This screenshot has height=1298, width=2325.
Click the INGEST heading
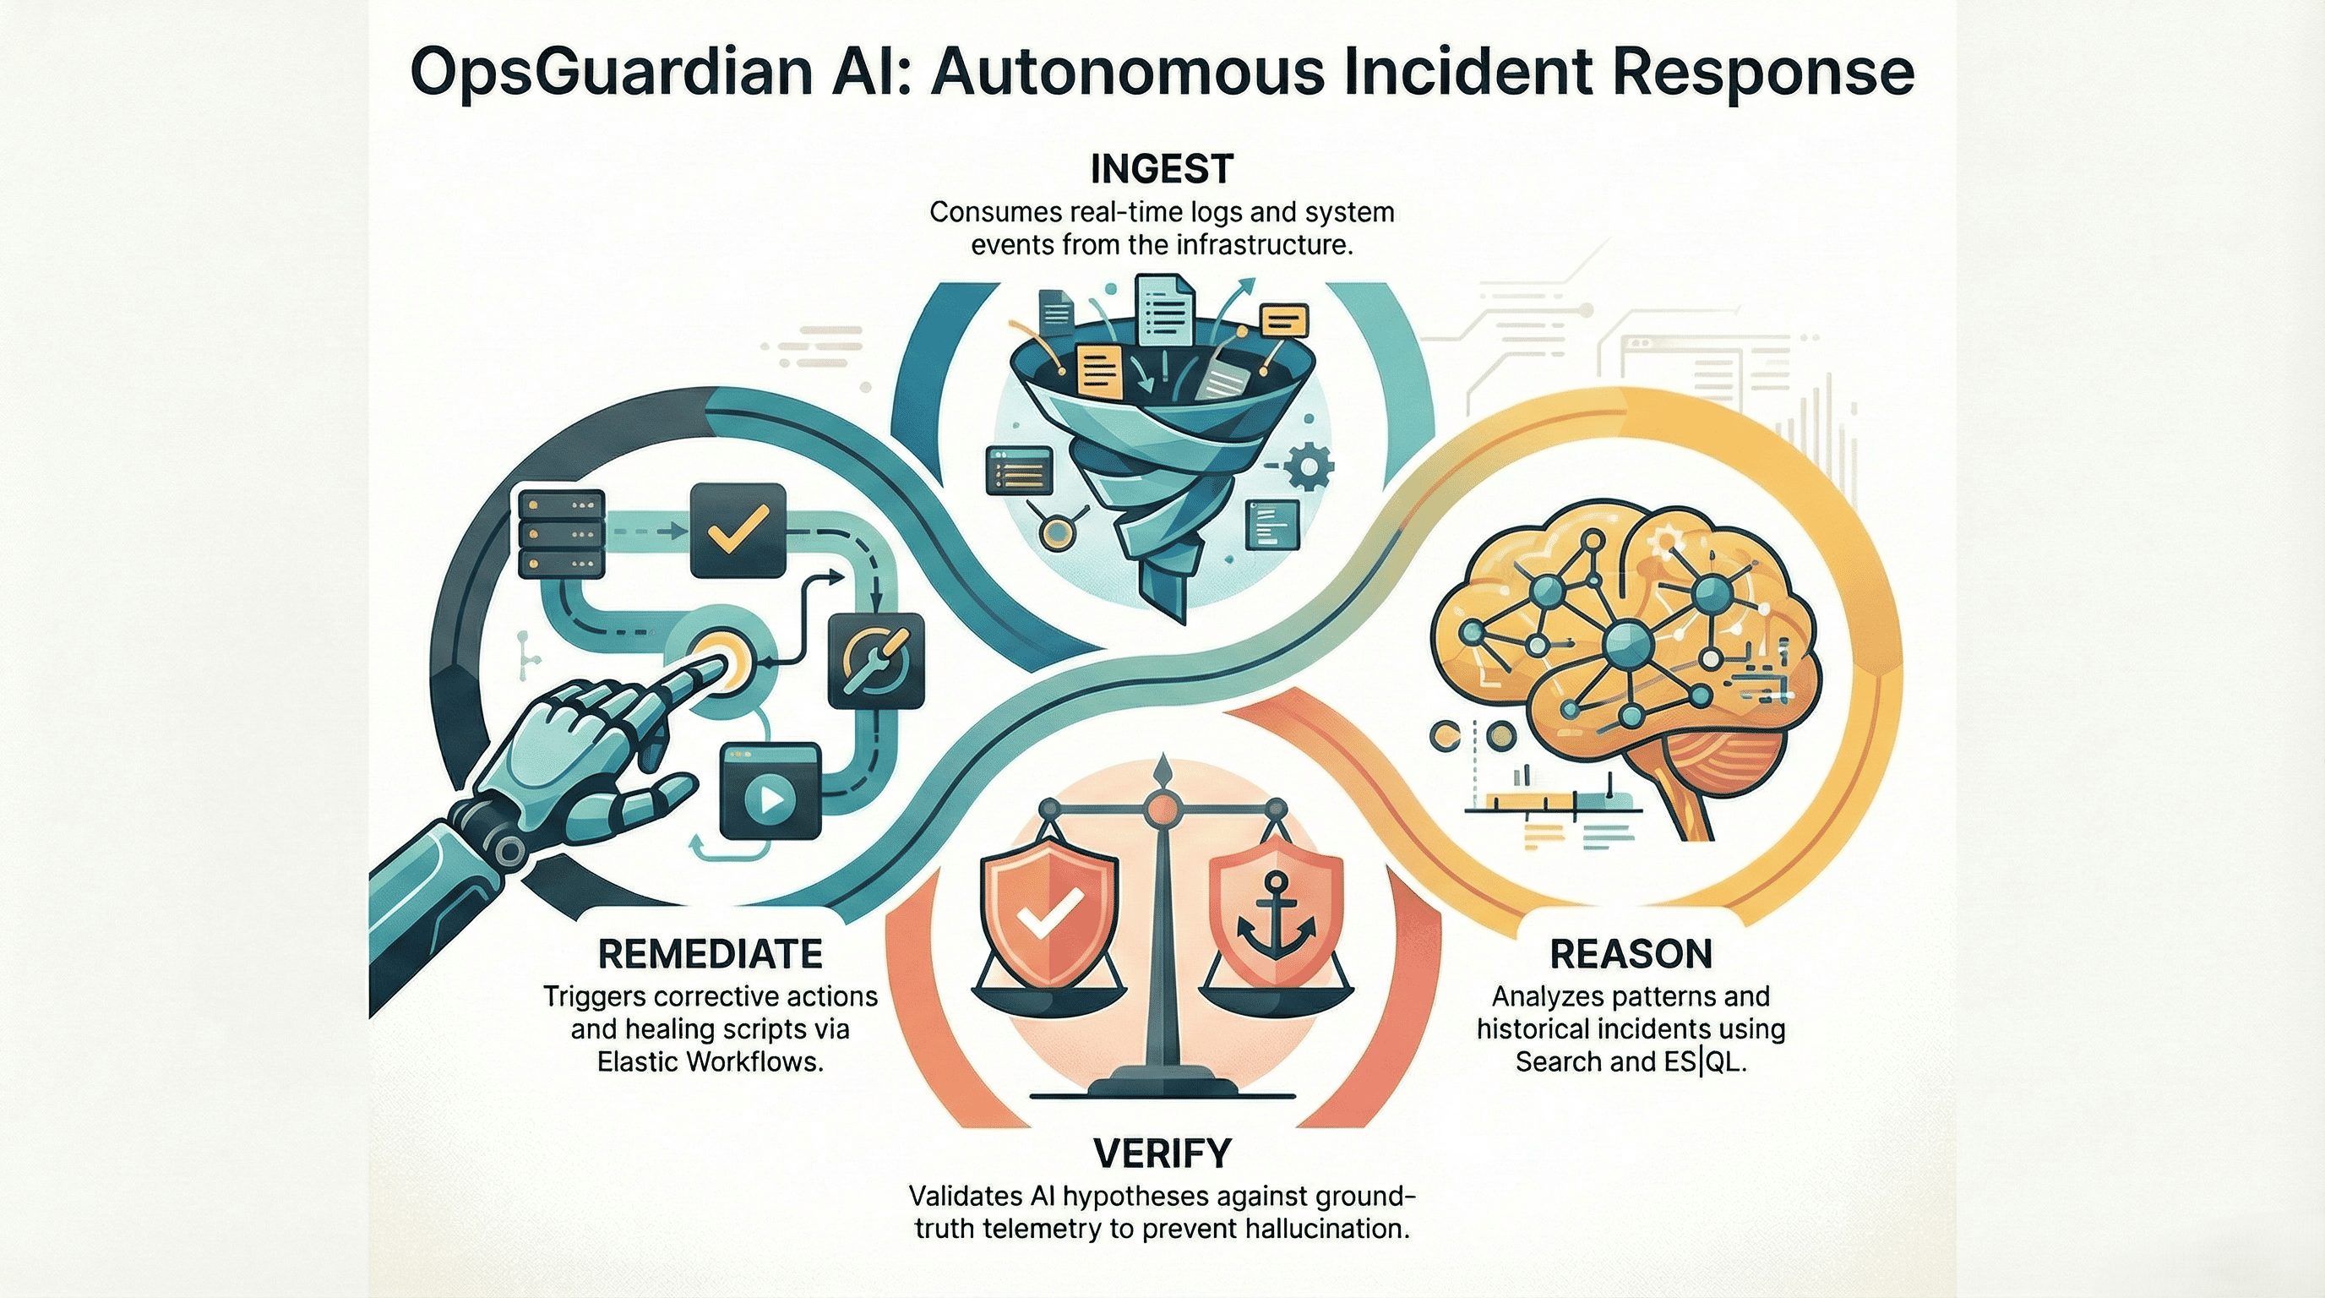pos(1162,169)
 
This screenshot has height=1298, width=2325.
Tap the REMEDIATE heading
pos(711,954)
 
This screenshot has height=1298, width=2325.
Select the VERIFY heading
pos(1162,1153)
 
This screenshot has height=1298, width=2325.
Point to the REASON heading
pos(1631,954)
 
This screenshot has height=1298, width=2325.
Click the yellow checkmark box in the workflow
pos(738,530)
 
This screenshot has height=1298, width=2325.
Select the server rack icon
pos(561,533)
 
